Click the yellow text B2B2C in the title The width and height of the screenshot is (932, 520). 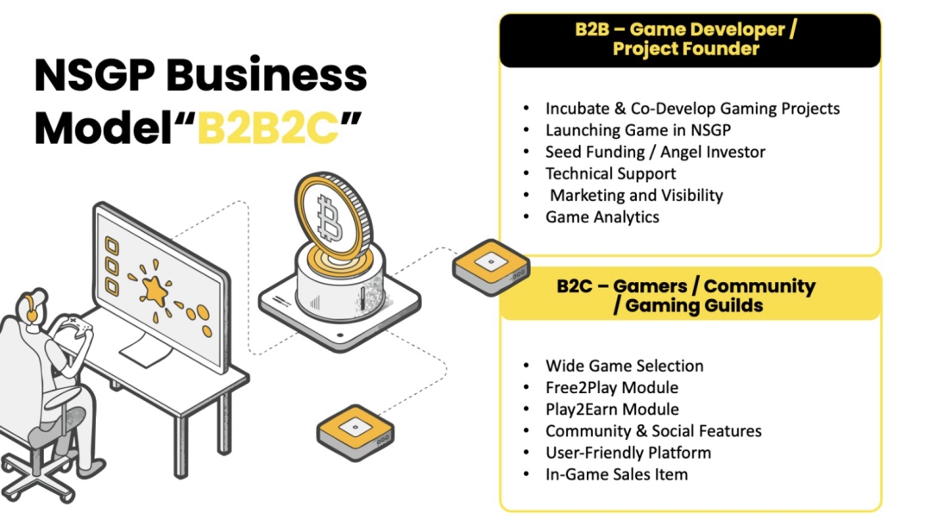[268, 128]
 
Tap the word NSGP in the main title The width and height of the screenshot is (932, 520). [95, 76]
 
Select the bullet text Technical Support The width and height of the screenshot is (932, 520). [610, 173]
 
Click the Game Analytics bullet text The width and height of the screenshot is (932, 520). [602, 217]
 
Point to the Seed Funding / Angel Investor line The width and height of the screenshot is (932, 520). [655, 152]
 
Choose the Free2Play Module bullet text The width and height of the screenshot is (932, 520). [612, 387]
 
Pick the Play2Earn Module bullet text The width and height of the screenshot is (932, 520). [612, 409]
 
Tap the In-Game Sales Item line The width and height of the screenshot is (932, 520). [616, 474]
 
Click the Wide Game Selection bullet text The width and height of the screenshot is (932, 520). [624, 366]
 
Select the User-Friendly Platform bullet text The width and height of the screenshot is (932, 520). [628, 452]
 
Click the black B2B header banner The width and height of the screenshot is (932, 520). [690, 41]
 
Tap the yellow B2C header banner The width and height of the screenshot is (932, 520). [690, 295]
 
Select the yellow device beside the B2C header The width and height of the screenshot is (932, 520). [491, 266]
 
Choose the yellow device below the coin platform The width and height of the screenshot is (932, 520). [356, 433]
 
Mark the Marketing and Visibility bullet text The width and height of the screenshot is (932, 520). [636, 195]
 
